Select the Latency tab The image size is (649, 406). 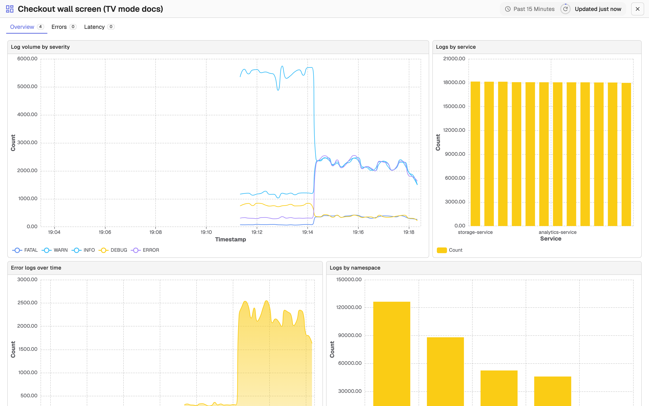(99, 27)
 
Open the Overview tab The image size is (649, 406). (27, 27)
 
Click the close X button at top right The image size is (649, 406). (637, 9)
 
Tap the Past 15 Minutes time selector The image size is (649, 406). (530, 9)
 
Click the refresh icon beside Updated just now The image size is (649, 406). (565, 9)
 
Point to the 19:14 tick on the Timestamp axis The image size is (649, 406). (307, 232)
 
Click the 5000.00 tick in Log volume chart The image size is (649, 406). (27, 86)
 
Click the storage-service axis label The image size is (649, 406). (475, 232)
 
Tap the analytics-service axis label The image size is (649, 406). (558, 232)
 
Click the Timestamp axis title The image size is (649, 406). (231, 240)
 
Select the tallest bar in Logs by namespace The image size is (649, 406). (392, 354)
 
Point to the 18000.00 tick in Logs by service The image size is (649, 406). (454, 82)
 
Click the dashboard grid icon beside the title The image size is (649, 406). (10, 9)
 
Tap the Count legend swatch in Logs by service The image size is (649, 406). (442, 250)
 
